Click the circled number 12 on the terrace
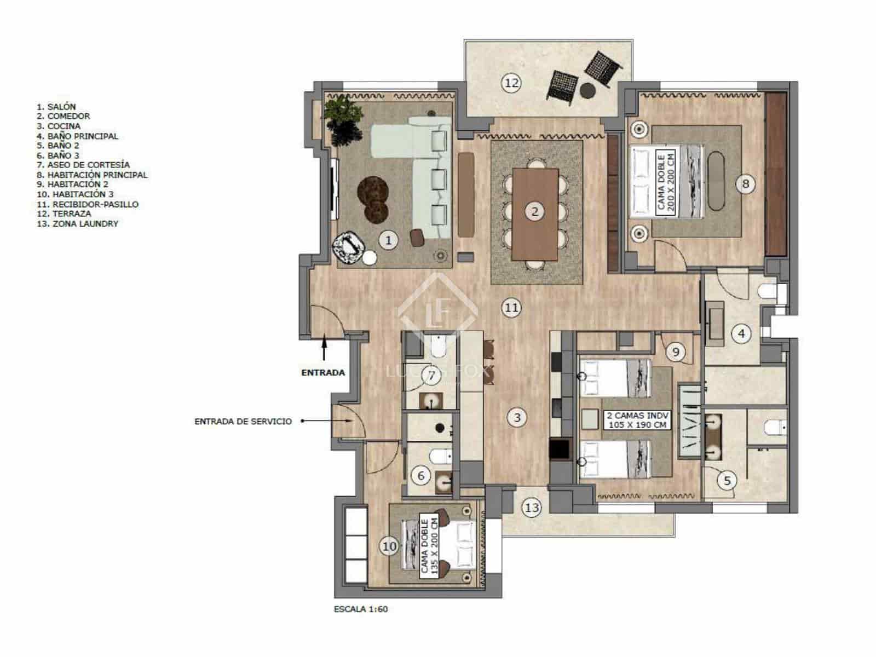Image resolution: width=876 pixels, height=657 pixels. (x=511, y=83)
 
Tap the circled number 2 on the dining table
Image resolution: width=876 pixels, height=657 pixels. (x=535, y=211)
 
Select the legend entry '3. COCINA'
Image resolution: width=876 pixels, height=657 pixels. (x=59, y=126)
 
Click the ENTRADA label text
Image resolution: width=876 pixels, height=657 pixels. (x=323, y=373)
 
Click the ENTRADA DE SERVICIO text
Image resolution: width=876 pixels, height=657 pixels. (x=243, y=422)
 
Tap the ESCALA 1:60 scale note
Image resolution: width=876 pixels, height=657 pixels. (x=361, y=609)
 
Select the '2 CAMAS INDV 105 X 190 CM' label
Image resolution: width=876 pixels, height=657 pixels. (x=637, y=420)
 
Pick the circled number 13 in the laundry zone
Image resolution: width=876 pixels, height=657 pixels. (x=532, y=508)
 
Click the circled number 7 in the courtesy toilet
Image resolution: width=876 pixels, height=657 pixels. (x=431, y=376)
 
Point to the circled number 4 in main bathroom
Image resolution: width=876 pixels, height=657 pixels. (x=741, y=333)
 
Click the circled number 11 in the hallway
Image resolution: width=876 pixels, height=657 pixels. (x=511, y=308)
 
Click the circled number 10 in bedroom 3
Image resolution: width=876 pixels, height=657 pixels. (x=389, y=546)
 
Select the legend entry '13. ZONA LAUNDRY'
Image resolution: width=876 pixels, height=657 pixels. (x=78, y=224)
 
